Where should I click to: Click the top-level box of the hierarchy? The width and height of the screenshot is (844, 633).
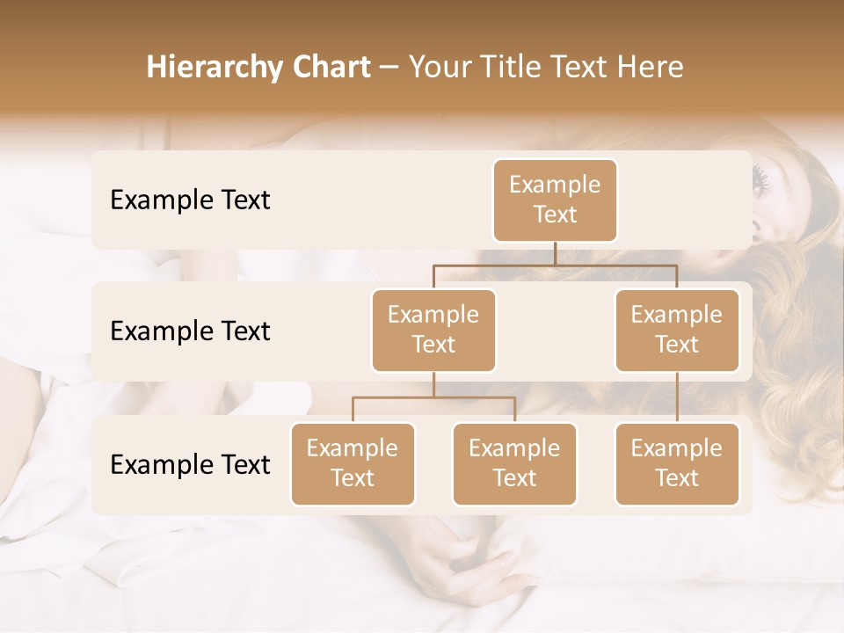(x=555, y=200)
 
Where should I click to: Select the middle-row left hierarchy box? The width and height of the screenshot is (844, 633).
(x=433, y=331)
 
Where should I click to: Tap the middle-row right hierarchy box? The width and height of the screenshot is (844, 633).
(x=677, y=331)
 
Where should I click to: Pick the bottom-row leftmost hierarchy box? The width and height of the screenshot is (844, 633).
(x=353, y=464)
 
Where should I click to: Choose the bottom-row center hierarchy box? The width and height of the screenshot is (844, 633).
(x=514, y=464)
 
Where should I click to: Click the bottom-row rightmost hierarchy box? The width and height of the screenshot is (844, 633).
(x=677, y=464)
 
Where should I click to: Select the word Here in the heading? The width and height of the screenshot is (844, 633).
(x=651, y=67)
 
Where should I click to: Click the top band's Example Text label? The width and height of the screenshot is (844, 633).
(x=190, y=200)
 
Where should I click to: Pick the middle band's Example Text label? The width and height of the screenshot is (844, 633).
(x=190, y=331)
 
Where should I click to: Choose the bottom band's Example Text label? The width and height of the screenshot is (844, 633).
(x=190, y=465)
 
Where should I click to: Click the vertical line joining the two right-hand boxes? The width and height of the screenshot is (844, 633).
(x=677, y=397)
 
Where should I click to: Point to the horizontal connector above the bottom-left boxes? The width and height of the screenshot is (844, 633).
(x=433, y=397)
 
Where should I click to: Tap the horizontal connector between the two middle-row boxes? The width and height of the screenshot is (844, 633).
(x=555, y=265)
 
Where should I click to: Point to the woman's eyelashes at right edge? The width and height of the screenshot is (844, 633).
(x=760, y=181)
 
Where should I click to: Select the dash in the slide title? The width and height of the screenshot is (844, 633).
(x=389, y=68)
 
